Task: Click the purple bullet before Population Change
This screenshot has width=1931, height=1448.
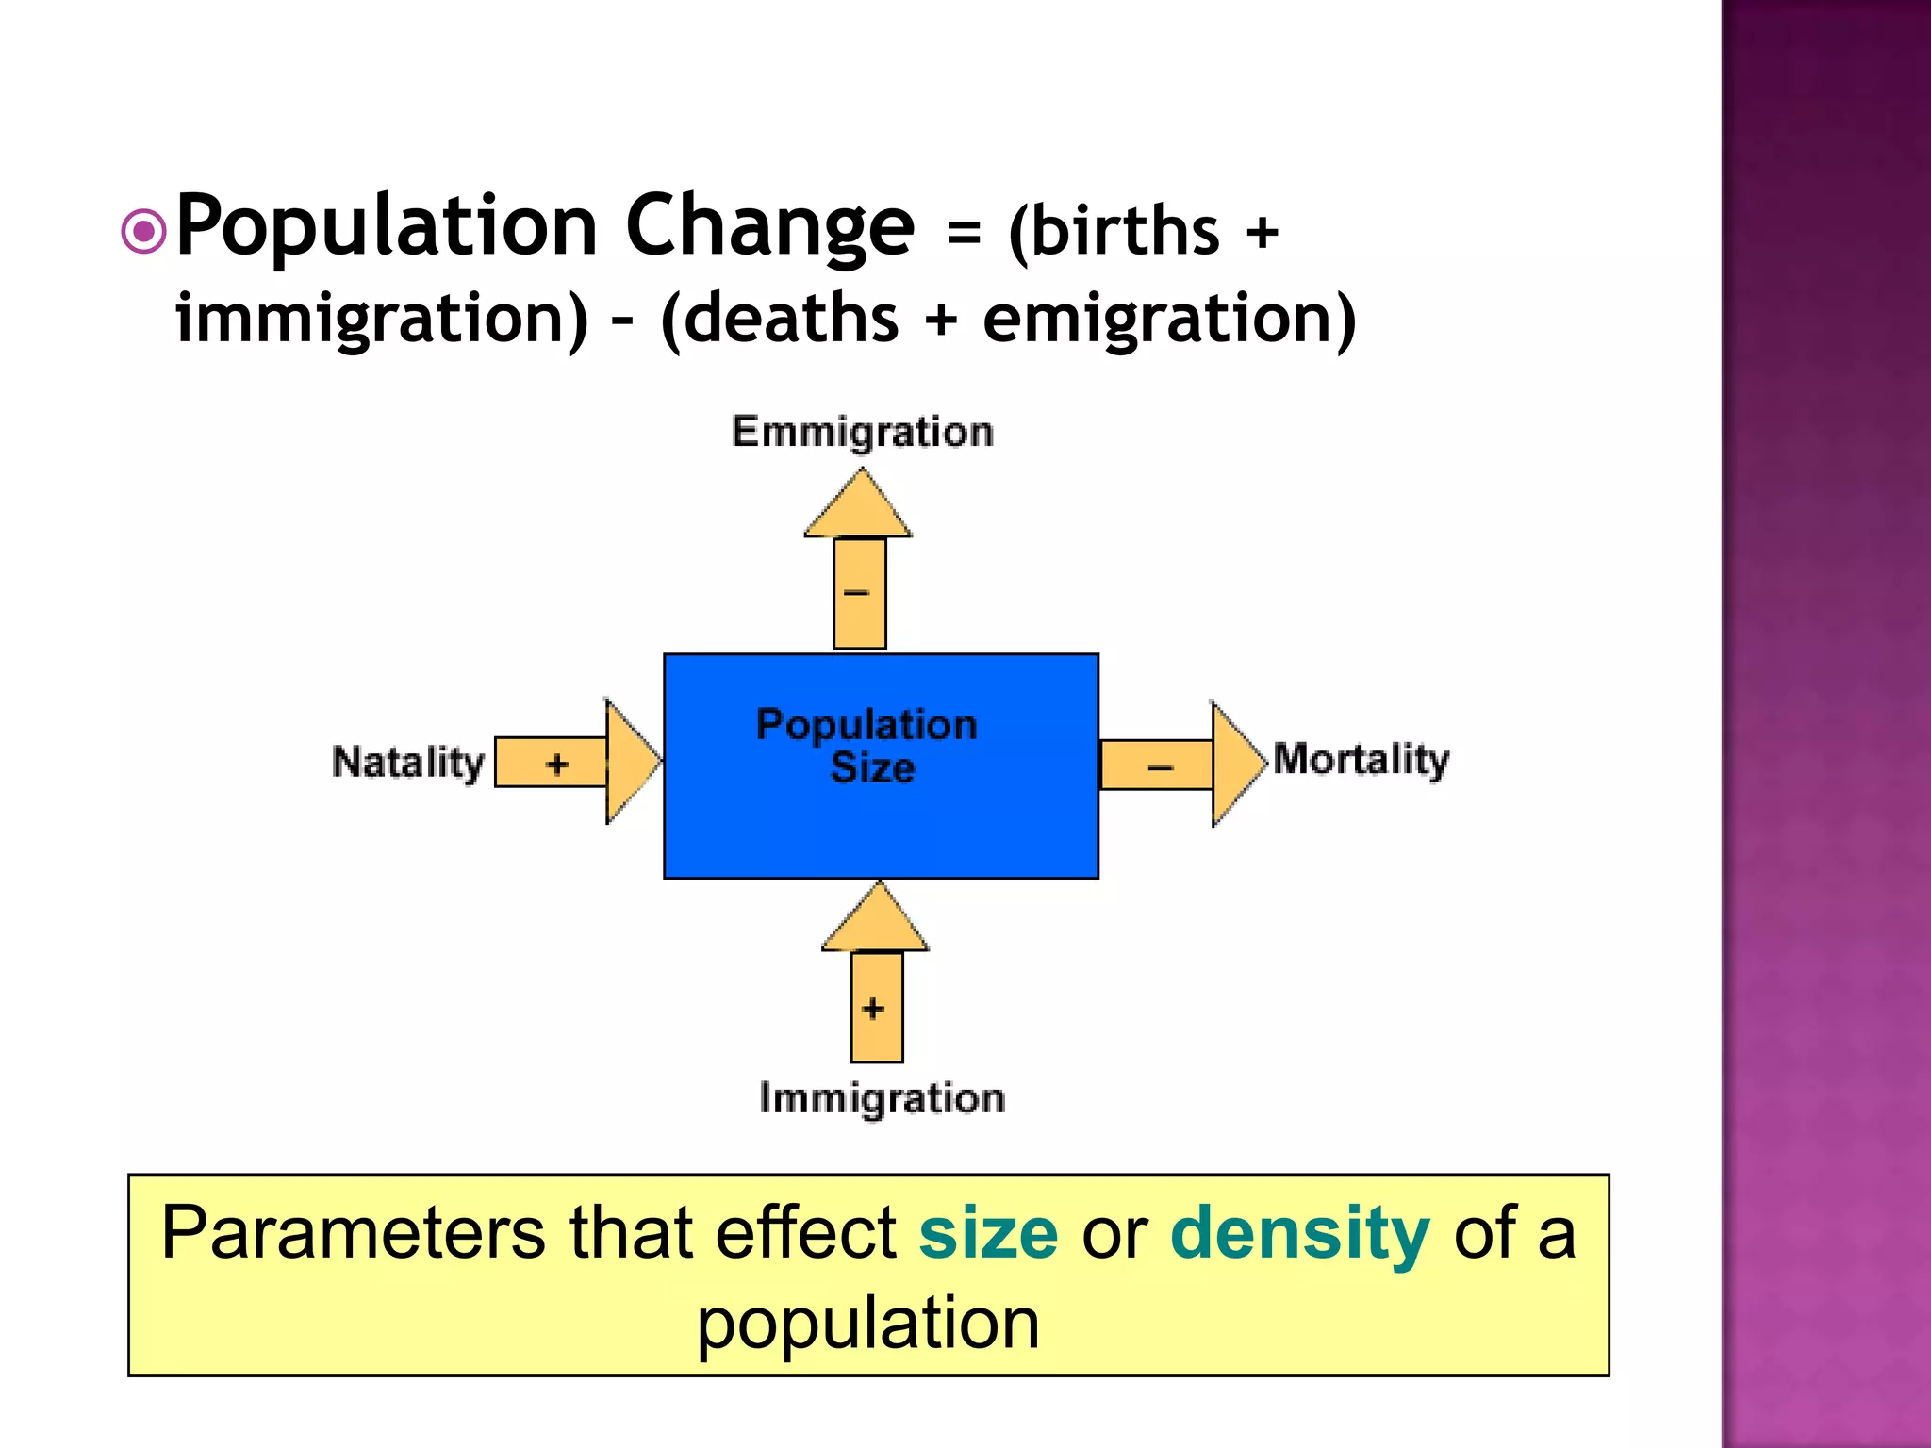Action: point(144,232)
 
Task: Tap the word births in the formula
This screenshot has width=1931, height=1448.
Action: point(1114,231)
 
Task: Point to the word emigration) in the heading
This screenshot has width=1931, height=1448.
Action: point(1169,319)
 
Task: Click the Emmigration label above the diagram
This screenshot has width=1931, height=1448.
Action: point(863,432)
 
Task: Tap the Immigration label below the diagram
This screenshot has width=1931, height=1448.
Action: point(882,1099)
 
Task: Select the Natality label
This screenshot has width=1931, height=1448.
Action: point(408,763)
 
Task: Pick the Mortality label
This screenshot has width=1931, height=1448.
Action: point(1361,760)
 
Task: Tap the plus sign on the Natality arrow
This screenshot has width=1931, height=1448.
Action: point(557,764)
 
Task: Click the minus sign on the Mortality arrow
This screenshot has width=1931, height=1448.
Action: point(1160,767)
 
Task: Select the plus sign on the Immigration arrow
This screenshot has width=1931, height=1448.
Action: point(874,1009)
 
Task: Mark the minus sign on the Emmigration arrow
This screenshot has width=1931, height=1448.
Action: point(856,593)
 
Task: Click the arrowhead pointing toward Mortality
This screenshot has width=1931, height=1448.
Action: point(1236,764)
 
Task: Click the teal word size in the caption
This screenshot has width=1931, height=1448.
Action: point(988,1232)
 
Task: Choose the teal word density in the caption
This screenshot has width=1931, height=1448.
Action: point(1299,1232)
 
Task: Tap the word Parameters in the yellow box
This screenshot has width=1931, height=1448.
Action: point(353,1232)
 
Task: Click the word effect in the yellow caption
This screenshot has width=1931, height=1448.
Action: point(806,1232)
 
